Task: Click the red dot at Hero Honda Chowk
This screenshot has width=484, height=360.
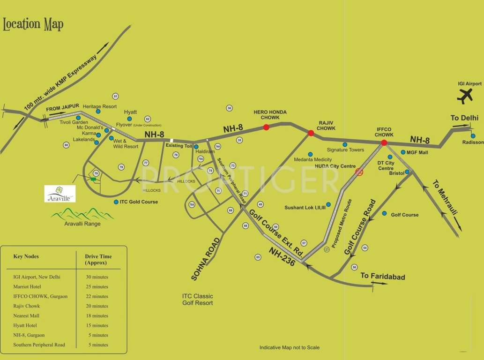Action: click(x=266, y=127)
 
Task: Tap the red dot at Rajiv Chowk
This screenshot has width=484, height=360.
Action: click(x=311, y=133)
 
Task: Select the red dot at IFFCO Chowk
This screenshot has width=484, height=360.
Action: click(x=384, y=142)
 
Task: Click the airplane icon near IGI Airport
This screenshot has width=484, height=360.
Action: click(x=465, y=96)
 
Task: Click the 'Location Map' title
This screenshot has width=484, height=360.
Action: click(x=33, y=24)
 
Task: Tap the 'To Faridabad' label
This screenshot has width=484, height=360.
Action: click(x=382, y=276)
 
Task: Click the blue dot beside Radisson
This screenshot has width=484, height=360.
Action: click(x=473, y=136)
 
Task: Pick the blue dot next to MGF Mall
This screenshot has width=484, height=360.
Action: click(x=402, y=152)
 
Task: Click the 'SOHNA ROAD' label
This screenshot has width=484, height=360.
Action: click(x=205, y=259)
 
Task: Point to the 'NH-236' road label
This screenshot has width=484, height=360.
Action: click(x=282, y=257)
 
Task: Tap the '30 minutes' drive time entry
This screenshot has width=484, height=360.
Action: click(x=97, y=277)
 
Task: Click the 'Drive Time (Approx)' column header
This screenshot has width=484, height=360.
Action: click(x=98, y=260)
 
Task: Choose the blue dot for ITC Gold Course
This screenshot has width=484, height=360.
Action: click(x=116, y=202)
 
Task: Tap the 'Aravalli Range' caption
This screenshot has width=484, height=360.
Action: click(x=82, y=224)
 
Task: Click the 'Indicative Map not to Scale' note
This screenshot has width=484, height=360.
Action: click(x=289, y=347)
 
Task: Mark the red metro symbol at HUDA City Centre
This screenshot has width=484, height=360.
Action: click(x=359, y=172)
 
